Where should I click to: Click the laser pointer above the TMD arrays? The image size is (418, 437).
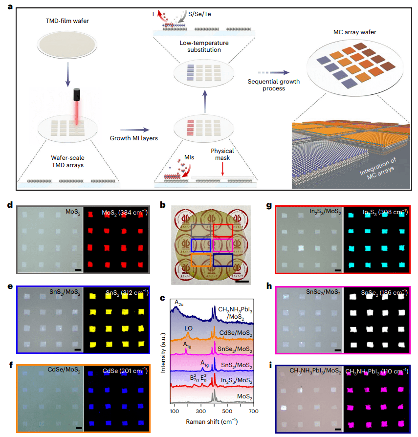[77, 100]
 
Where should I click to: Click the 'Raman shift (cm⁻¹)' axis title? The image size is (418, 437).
[212, 421]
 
